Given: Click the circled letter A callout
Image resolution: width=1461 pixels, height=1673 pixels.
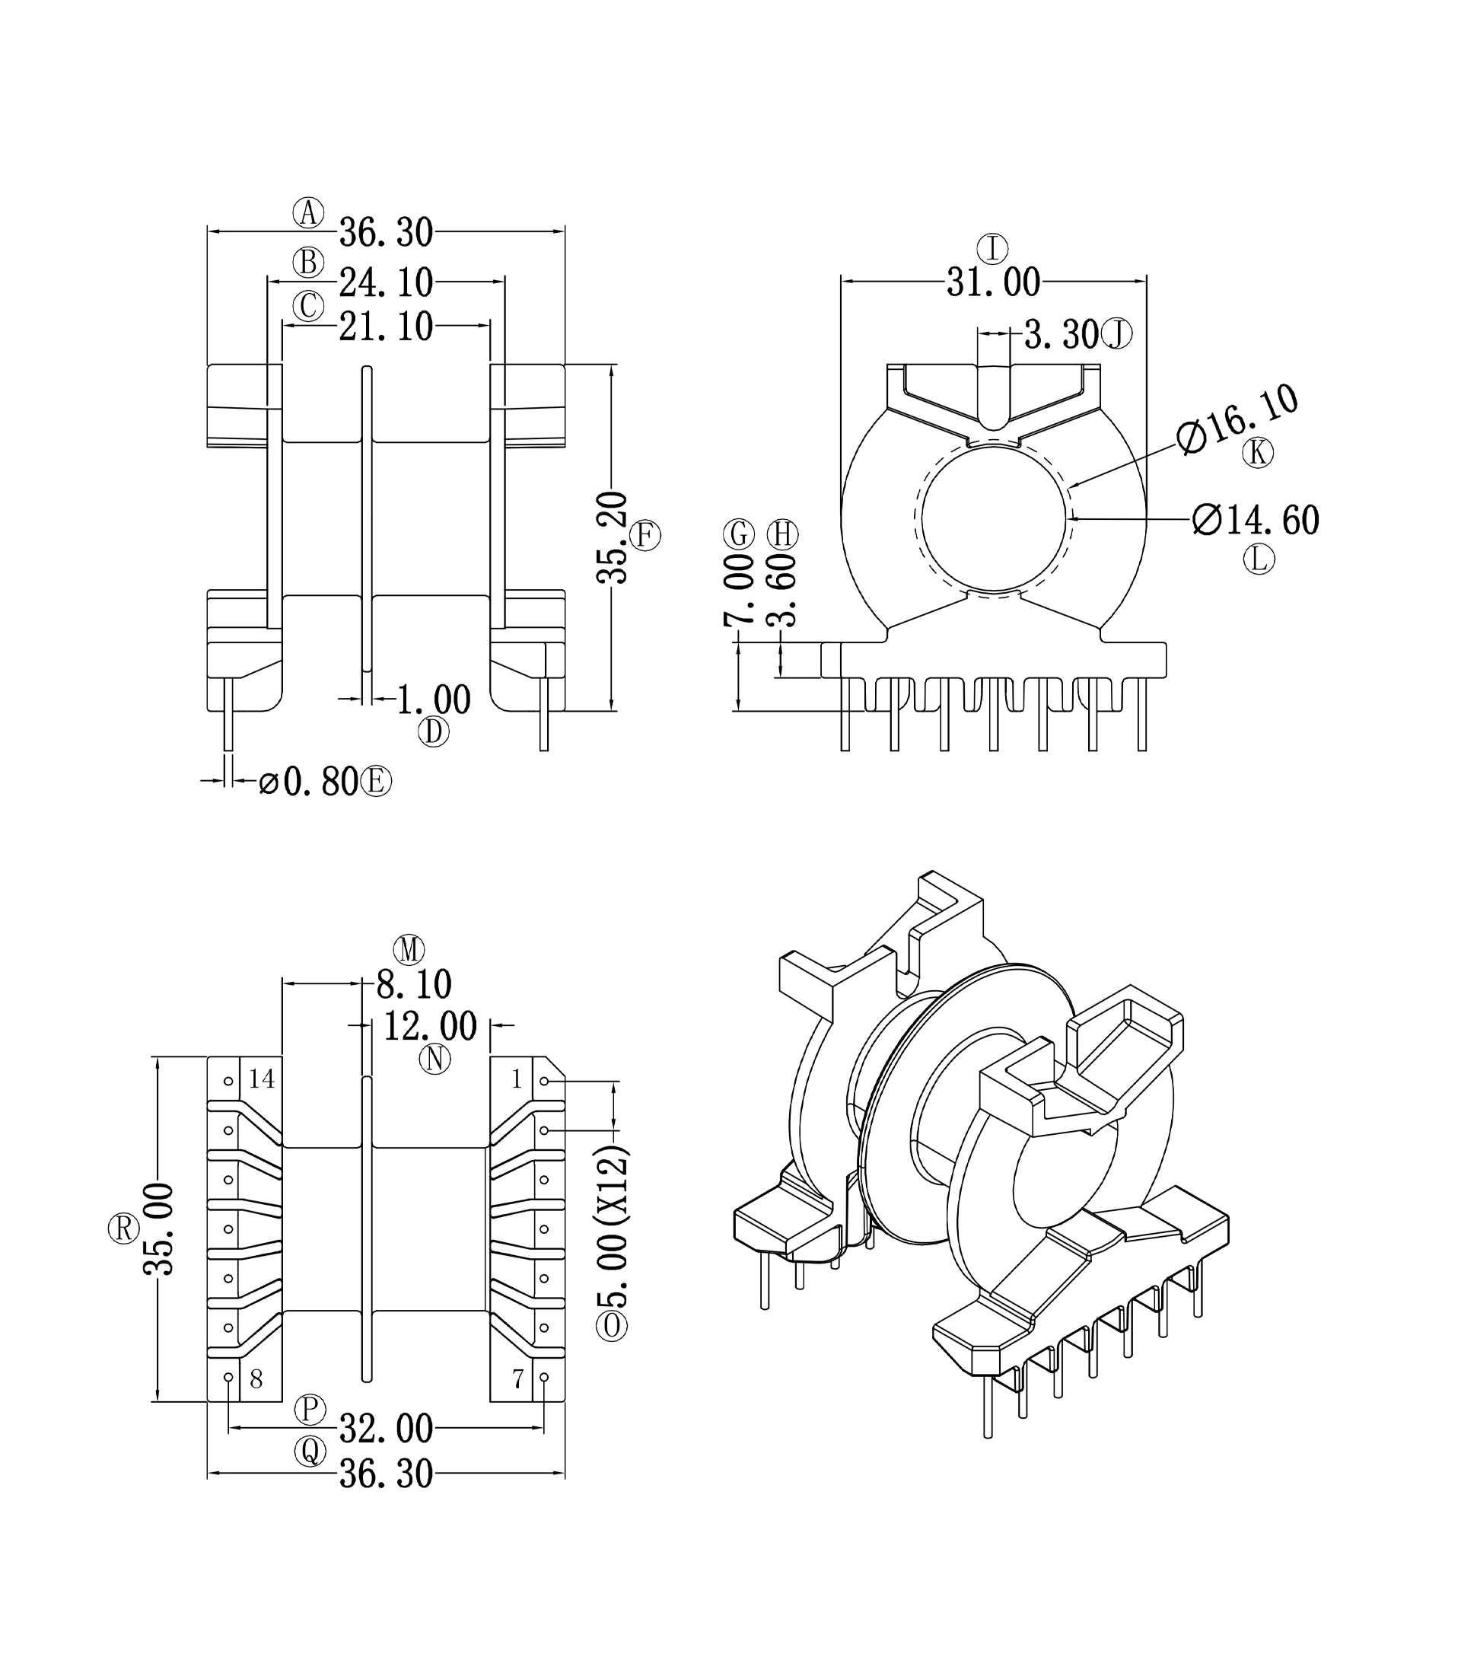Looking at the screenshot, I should (x=308, y=213).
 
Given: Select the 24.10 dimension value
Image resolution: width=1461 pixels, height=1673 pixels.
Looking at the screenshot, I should (x=386, y=283).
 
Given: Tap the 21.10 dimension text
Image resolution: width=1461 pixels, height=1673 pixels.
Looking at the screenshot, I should (x=386, y=327).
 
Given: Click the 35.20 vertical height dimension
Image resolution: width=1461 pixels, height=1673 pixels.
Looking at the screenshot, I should (x=613, y=538).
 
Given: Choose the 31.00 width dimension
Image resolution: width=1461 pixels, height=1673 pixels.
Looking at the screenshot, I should (x=993, y=283).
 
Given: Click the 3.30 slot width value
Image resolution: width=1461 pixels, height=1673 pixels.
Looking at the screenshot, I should (x=1061, y=334).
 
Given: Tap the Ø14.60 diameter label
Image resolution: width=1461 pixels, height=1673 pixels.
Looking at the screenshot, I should (x=1256, y=520).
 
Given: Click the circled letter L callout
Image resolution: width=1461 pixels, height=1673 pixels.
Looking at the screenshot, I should (x=1259, y=559).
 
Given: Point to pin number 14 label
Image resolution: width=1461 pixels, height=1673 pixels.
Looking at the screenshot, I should (x=262, y=1079).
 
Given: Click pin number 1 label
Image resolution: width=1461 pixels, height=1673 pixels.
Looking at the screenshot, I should (x=516, y=1079).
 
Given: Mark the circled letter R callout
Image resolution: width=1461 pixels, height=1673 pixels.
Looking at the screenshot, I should (x=124, y=1228).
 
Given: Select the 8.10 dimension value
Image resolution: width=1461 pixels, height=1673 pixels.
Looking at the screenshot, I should (x=413, y=985).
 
